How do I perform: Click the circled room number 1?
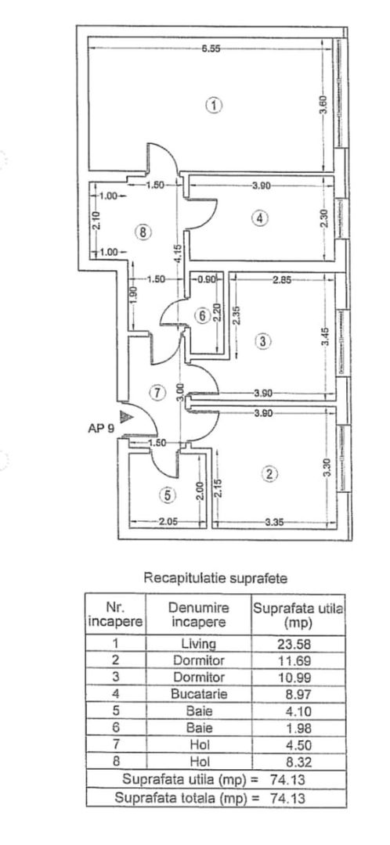(213, 105)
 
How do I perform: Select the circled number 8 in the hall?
(142, 232)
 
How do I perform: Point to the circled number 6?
(202, 316)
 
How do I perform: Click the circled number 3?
(263, 341)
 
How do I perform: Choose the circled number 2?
(269, 473)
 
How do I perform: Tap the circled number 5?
(165, 494)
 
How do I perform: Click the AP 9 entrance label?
(101, 429)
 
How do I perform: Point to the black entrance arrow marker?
(125, 417)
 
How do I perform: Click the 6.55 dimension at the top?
(210, 49)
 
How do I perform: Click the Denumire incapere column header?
(198, 615)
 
